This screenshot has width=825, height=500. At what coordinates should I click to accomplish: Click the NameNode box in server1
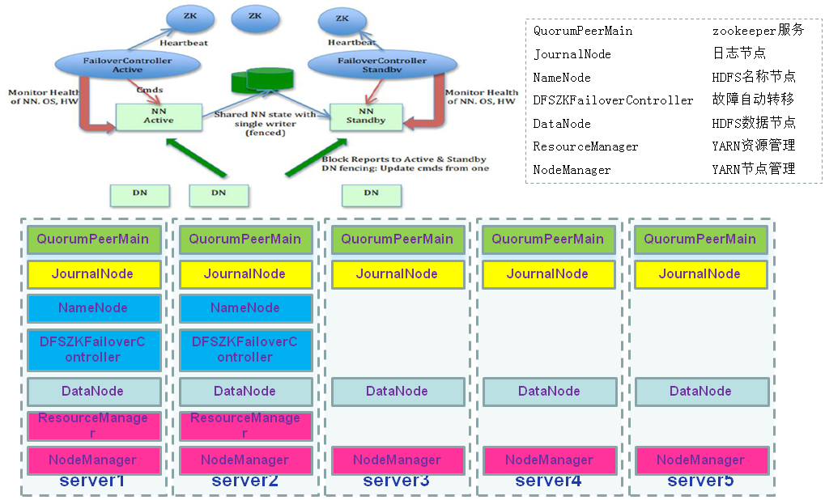(93, 308)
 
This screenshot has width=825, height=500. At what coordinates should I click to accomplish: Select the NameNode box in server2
(245, 308)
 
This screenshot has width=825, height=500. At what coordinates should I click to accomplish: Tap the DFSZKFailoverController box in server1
(93, 350)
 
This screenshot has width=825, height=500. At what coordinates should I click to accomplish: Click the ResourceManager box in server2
(245, 426)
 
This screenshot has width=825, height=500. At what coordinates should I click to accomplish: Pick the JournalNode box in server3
(398, 274)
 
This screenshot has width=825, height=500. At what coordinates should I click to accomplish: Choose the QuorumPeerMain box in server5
(700, 239)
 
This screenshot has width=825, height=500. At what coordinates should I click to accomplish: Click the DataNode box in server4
(549, 392)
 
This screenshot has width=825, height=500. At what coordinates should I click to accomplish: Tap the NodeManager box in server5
(701, 460)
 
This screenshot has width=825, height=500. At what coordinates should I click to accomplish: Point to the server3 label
(396, 481)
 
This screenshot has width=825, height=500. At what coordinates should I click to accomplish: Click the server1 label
(92, 481)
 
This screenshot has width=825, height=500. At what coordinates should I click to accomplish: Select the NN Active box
(158, 116)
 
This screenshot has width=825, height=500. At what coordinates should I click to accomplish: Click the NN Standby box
(366, 117)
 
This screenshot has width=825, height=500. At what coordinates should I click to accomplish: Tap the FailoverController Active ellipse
(117, 66)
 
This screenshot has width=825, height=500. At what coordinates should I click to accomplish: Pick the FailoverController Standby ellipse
(382, 66)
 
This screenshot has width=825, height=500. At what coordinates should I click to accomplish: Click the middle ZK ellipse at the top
(255, 16)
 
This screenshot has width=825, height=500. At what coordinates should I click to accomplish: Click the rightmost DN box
(371, 193)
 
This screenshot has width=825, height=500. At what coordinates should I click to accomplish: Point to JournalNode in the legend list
(572, 54)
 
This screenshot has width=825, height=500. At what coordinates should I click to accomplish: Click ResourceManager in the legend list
(585, 146)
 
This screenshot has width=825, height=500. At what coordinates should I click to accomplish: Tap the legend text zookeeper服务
(758, 31)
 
